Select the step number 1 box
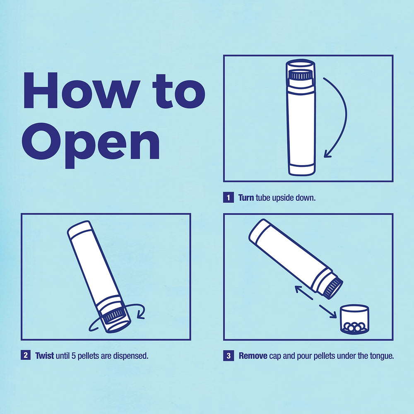point(228,197)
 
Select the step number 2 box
point(25,355)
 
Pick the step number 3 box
point(228,355)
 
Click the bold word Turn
point(246,197)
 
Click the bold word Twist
point(44,355)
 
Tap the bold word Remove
point(253,355)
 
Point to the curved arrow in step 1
point(339,116)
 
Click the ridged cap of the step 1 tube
point(300,75)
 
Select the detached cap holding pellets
point(354,319)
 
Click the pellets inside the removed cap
point(354,327)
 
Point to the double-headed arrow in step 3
point(315,301)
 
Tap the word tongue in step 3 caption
point(381,355)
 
